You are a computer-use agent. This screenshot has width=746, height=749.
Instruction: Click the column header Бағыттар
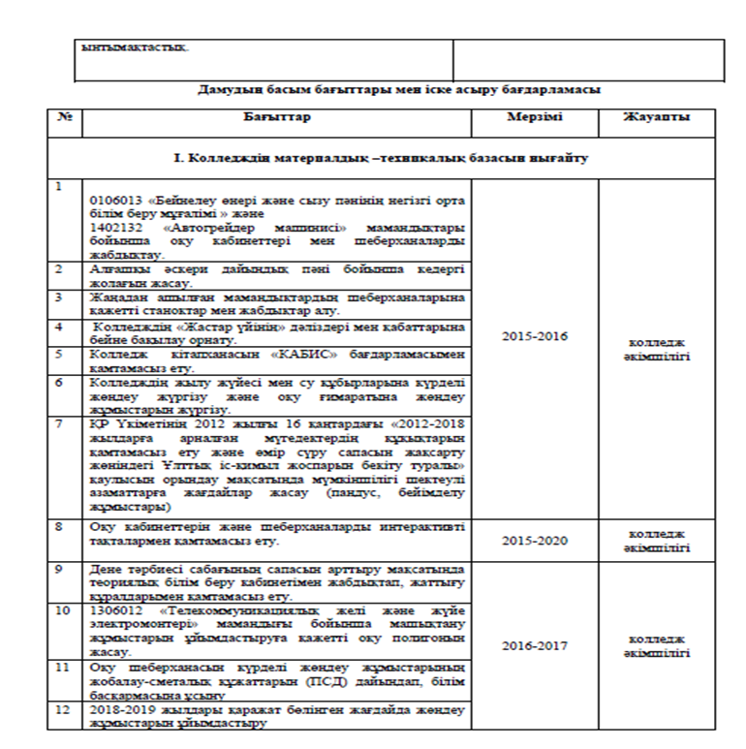coord(277,117)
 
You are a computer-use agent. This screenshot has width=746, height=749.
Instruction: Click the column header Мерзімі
coord(534,117)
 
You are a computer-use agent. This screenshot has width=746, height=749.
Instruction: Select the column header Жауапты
coord(658,117)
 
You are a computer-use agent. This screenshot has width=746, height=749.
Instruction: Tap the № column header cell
coord(66,117)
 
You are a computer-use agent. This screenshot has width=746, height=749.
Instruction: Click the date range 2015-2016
coord(534,336)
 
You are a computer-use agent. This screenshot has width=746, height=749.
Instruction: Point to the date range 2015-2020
coord(534,541)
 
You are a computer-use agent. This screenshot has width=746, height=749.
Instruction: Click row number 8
coord(60,527)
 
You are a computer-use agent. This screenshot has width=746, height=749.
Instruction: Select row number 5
coord(60,355)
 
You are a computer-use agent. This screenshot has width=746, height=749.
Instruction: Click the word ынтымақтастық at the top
coord(136,47)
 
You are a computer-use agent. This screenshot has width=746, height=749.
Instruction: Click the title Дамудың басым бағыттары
coord(398,89)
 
